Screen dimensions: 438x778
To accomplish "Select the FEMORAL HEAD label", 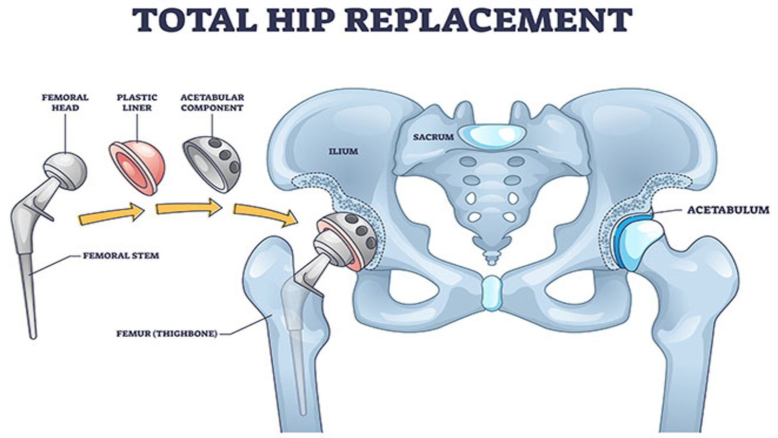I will (65, 102).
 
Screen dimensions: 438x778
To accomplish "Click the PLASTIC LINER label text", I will (137, 102).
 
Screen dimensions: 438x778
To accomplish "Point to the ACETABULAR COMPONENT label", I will (212, 102).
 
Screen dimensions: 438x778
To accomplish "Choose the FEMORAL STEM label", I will (121, 255).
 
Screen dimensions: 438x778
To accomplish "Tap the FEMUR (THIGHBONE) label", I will (167, 334).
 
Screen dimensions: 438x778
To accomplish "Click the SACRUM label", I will (433, 137).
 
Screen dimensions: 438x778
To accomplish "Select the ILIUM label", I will (344, 151).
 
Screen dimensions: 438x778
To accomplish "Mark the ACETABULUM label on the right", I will (728, 210).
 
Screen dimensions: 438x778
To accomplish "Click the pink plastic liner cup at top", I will (138, 165).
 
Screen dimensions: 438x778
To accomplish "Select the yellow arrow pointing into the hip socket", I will (265, 214).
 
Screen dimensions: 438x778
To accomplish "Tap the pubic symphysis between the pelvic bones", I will (491, 293).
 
